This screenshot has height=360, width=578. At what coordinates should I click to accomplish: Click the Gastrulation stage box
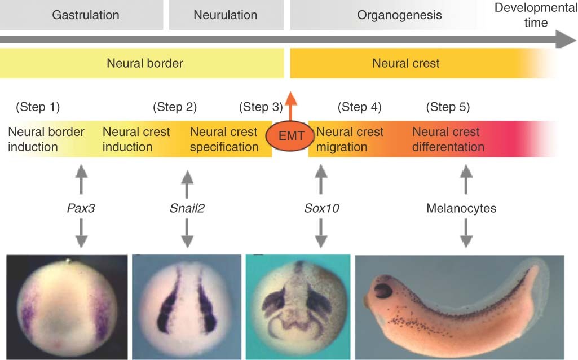pyautogui.click(x=86, y=15)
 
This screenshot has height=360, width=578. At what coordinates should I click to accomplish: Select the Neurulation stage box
pyautogui.click(x=225, y=15)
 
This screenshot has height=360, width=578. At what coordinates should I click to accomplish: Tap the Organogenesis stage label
pyautogui.click(x=399, y=15)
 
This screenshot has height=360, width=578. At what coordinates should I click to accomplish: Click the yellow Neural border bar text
pyautogui.click(x=144, y=63)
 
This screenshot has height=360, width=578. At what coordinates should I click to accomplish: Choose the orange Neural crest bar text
pyautogui.click(x=405, y=63)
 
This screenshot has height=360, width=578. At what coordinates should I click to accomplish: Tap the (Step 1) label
pyautogui.click(x=38, y=107)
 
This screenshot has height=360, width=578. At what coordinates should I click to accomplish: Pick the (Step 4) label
pyautogui.click(x=359, y=107)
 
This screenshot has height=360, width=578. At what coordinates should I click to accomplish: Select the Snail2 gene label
pyautogui.click(x=187, y=208)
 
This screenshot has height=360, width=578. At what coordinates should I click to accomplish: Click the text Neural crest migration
pyautogui.click(x=350, y=139)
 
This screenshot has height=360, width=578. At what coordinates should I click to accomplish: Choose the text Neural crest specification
pyautogui.click(x=224, y=139)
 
